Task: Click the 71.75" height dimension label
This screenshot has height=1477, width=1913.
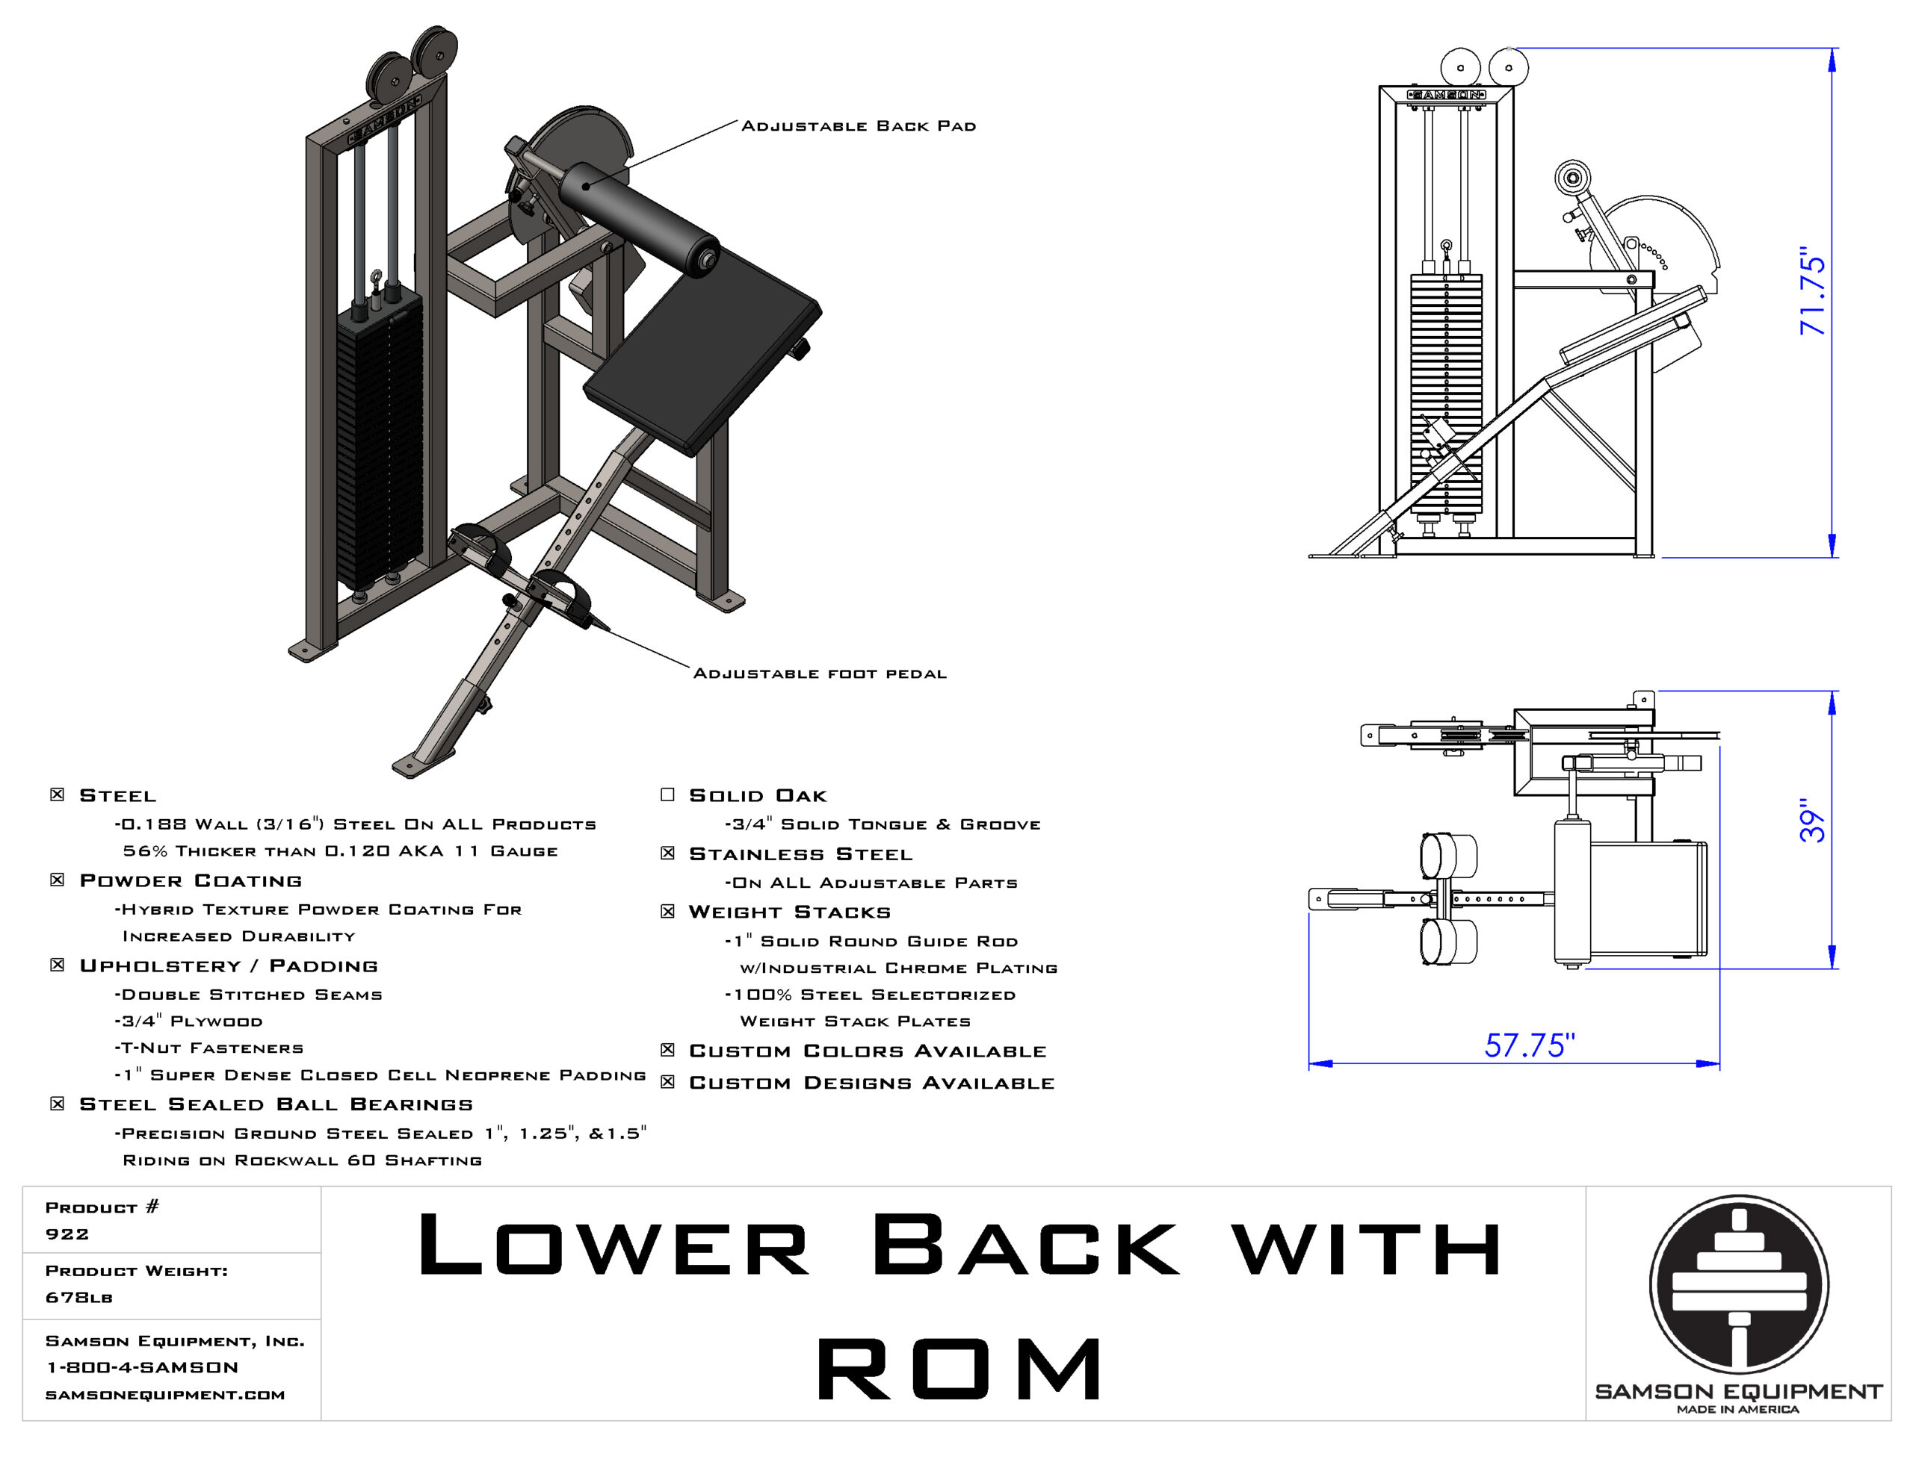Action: [1812, 291]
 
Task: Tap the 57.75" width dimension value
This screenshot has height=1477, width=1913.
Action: [1530, 1045]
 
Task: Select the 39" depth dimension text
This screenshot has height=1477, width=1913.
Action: [1812, 821]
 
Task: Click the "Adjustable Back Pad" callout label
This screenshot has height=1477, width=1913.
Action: [859, 126]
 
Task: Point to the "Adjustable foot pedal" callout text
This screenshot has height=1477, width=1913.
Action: [820, 674]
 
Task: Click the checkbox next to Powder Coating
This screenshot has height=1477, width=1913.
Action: [57, 879]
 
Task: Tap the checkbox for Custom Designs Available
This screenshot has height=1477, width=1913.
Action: [667, 1082]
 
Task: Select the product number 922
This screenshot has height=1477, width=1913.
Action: [67, 1234]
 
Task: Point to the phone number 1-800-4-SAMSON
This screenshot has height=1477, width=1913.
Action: [142, 1367]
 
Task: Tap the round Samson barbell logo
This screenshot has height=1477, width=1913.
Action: [1739, 1284]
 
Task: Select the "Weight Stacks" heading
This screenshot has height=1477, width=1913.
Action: [789, 912]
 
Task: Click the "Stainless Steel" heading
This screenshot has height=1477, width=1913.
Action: [800, 853]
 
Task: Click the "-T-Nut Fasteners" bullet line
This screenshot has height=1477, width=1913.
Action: [208, 1048]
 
